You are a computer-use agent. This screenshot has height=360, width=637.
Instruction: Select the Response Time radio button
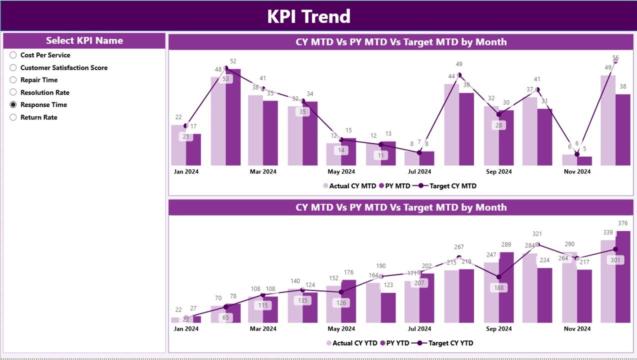point(13,105)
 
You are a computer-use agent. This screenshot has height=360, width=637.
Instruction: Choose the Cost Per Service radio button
point(13,55)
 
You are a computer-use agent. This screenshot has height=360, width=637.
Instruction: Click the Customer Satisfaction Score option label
point(63,67)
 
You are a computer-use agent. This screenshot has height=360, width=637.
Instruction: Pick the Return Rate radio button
point(13,117)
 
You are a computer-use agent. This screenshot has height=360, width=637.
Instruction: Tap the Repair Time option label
point(38,80)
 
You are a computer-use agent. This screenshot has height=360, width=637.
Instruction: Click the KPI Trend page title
point(308,16)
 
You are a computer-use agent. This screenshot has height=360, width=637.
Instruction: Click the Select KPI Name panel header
point(84,41)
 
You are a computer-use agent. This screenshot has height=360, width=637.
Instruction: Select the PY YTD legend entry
point(395,343)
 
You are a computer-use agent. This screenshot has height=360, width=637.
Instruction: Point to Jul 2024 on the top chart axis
point(419,171)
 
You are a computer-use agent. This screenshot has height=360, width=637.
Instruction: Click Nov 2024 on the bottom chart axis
point(576,328)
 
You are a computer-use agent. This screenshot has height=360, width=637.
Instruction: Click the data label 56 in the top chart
point(615,58)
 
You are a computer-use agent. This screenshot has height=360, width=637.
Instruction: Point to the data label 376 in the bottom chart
point(622,223)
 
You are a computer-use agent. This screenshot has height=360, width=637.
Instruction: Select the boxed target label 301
point(615,260)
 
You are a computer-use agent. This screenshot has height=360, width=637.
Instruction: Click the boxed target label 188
point(498,287)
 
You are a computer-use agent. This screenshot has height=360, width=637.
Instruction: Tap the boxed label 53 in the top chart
point(225,79)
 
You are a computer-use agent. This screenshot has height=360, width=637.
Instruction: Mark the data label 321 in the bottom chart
point(537,234)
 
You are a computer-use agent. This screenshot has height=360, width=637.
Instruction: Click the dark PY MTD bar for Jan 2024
point(193,149)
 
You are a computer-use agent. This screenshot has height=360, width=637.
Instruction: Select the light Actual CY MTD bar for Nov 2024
point(569,160)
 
